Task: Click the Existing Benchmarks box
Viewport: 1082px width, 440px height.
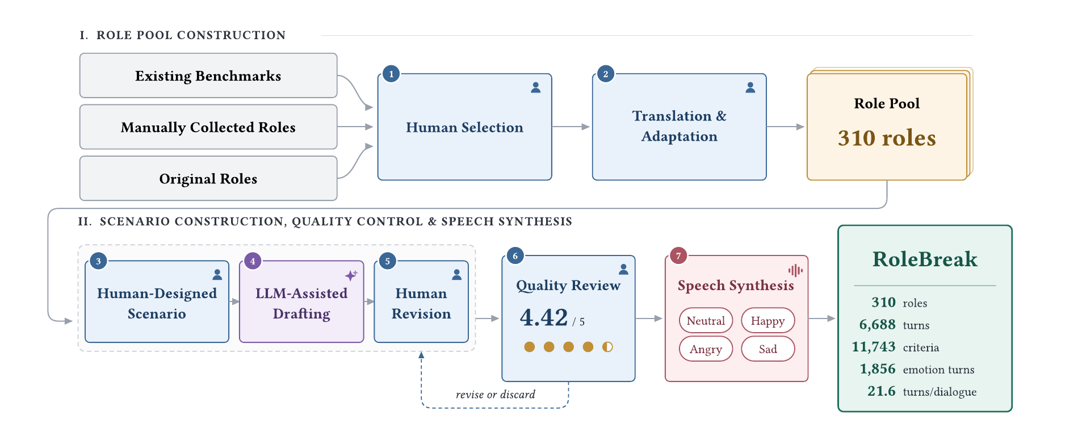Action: [208, 76]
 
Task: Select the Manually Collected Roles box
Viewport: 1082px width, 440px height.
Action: [208, 127]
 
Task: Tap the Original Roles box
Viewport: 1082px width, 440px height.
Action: [208, 178]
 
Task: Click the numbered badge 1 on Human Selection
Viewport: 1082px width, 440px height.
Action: [391, 74]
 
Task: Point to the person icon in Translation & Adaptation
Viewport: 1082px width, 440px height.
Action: [750, 87]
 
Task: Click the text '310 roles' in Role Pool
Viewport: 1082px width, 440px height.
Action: [887, 138]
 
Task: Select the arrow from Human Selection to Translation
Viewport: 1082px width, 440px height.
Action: [571, 127]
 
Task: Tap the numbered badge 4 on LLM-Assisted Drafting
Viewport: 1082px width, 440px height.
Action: [253, 261]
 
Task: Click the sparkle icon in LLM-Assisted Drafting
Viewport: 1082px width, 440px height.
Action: [351, 275]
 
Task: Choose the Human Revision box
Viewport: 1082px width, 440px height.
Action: [421, 301]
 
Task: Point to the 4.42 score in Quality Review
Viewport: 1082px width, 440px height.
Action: [544, 317]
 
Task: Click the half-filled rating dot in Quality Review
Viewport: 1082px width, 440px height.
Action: [607, 347]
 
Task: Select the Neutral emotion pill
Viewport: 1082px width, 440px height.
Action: [706, 320]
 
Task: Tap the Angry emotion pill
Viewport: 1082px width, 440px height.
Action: [706, 349]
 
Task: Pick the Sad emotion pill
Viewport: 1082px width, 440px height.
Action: [768, 349]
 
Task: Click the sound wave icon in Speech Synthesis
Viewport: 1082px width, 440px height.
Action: [795, 270]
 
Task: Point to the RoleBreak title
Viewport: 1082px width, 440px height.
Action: [925, 259]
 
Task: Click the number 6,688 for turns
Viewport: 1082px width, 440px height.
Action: [877, 324]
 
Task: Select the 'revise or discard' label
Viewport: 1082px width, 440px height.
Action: [496, 394]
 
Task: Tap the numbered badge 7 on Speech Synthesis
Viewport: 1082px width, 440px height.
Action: [678, 255]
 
